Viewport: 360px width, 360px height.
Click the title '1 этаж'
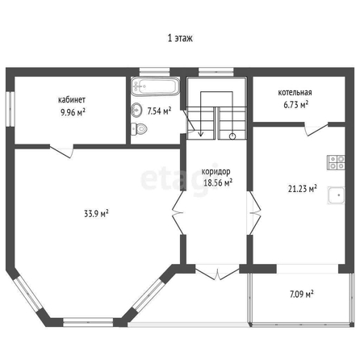[180, 38]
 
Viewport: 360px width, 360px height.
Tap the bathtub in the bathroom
[156, 86]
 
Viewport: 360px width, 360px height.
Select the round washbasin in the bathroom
[136, 110]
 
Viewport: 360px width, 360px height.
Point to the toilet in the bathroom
[139, 129]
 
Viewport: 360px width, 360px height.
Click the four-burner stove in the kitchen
[336, 162]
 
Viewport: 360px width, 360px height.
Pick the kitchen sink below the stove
[336, 195]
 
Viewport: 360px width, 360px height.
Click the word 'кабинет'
[72, 100]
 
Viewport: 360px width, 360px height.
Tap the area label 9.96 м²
[73, 112]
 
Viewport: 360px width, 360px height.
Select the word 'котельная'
[295, 93]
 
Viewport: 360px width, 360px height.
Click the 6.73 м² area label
[295, 104]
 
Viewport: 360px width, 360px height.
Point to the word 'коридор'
[216, 171]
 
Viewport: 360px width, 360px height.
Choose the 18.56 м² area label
[218, 183]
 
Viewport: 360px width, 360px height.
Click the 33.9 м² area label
[96, 214]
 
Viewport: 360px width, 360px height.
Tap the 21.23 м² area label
[302, 189]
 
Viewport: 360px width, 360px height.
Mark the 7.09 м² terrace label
[302, 294]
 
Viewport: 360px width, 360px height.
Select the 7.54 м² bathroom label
[159, 111]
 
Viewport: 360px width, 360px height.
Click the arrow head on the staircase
[200, 134]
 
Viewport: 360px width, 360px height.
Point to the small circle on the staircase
[232, 136]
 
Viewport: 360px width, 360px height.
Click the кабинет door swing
[62, 152]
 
